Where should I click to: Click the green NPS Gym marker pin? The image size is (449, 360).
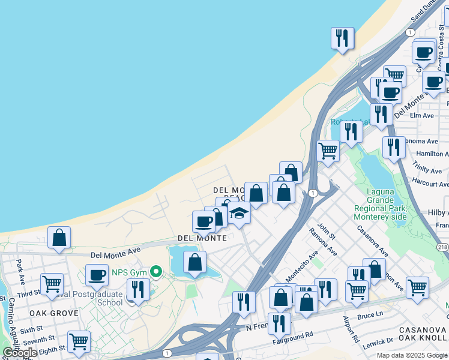click(x=156, y=272)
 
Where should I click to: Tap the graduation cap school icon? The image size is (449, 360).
click(x=239, y=214)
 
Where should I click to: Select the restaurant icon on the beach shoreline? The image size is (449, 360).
click(x=342, y=38)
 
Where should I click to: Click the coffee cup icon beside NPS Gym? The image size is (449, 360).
click(x=96, y=275)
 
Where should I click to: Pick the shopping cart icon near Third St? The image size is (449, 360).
click(x=52, y=283)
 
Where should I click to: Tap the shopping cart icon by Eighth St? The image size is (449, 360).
click(x=79, y=342)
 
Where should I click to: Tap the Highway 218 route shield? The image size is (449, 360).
click(x=443, y=247)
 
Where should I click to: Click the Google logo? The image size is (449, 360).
click(x=20, y=353)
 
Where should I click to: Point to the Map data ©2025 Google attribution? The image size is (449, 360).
click(x=412, y=355)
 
